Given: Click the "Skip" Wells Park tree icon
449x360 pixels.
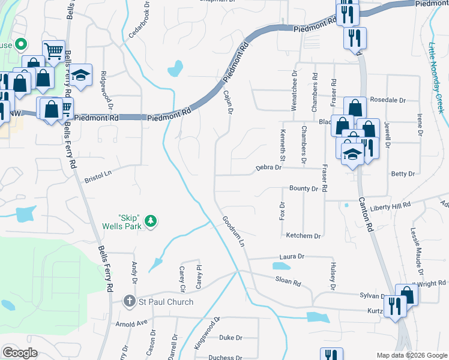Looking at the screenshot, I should tap(151, 221).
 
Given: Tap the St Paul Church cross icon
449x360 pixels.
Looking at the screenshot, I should tap(128, 302).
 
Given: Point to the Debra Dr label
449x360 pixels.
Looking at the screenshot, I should tap(268, 168).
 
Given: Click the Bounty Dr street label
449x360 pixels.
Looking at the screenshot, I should tap(303, 188).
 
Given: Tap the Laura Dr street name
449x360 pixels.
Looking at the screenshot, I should tap(292, 256).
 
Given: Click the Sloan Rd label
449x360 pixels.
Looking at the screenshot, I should tap(288, 280).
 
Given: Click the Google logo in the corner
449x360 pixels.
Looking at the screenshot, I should tap(20, 353).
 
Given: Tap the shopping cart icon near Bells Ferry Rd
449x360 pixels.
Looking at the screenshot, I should tap(54, 51).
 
